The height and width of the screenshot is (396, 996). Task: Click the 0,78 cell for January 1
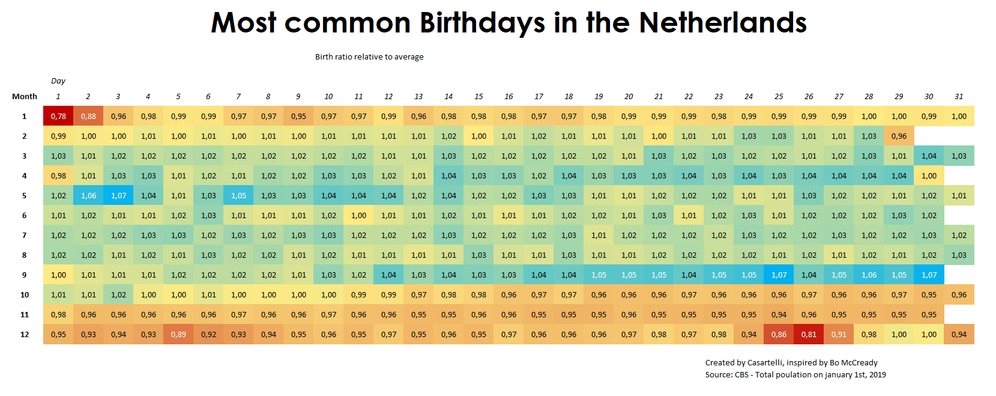[58, 116]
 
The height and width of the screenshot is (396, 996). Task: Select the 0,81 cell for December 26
[809, 334]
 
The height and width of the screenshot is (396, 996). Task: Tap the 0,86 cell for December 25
[779, 334]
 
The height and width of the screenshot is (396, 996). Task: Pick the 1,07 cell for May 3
[118, 195]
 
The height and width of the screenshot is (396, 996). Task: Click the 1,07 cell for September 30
[929, 275]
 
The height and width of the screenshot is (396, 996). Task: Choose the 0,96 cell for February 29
[899, 136]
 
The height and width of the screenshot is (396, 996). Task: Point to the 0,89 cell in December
[178, 334]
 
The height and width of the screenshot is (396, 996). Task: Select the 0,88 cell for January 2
[88, 116]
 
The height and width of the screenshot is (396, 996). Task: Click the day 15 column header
[478, 96]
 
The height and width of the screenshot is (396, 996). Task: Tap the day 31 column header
[959, 96]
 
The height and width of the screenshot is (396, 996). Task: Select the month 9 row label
[25, 275]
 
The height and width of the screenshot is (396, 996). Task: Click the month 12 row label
[25, 334]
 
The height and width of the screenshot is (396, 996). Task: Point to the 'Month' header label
[25, 96]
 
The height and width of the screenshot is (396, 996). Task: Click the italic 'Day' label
[58, 81]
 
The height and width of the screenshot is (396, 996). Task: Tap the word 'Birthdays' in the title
[482, 23]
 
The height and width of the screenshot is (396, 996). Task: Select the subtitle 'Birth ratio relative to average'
[369, 56]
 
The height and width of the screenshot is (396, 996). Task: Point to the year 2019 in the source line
[877, 374]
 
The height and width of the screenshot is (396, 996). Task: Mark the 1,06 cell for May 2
[88, 195]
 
